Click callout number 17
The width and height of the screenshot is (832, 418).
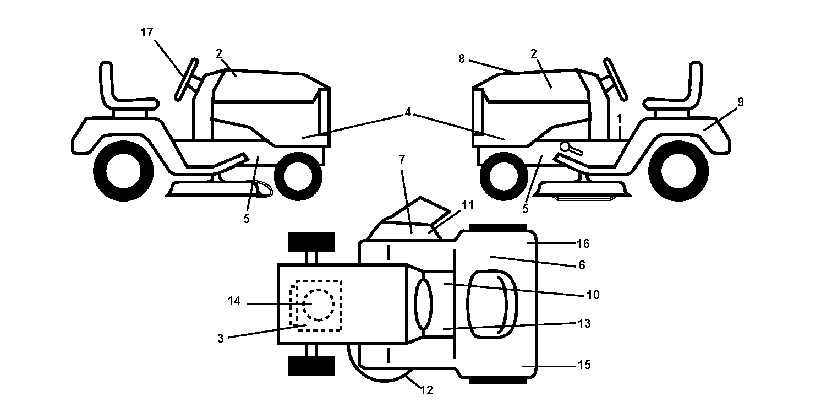coord(147,32)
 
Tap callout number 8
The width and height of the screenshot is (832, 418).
coord(461,58)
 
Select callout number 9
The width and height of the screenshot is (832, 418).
coord(740,102)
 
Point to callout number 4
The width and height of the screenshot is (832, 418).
coord(408,112)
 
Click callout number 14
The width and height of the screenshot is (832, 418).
coord(234,301)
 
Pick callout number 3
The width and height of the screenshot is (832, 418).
coord(221,338)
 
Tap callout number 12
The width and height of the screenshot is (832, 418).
coord(427,390)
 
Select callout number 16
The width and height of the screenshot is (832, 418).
coord(583,243)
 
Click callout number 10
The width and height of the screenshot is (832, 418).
coord(593,295)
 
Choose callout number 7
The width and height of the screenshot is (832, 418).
coord(402,159)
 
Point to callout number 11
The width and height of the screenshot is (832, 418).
coord(468,205)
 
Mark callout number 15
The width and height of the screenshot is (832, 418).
coord(584,365)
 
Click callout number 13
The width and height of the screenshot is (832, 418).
coord(584,323)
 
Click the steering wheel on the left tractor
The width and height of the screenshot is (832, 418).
coord(186,79)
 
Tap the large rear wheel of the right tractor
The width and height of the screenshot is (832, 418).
coord(678,171)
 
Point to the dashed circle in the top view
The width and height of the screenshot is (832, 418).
coord(318,305)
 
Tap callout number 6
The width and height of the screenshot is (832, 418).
coord(582,265)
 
